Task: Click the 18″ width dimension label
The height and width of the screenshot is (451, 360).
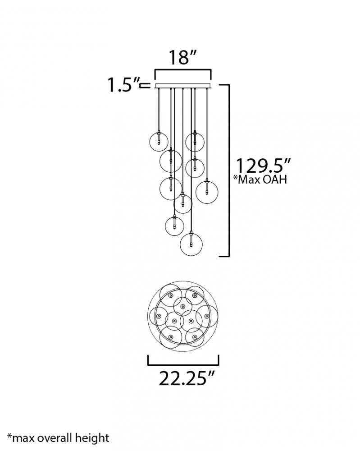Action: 182,57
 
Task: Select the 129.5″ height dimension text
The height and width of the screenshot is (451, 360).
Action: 263,166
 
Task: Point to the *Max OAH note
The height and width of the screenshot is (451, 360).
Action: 260,179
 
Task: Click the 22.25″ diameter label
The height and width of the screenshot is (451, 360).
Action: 187,378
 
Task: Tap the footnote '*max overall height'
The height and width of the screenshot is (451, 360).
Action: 58,438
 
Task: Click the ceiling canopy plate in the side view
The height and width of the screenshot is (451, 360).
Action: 183,86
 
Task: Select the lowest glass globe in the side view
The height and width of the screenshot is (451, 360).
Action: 191,244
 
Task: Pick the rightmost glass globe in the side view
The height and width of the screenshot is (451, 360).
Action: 207,192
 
